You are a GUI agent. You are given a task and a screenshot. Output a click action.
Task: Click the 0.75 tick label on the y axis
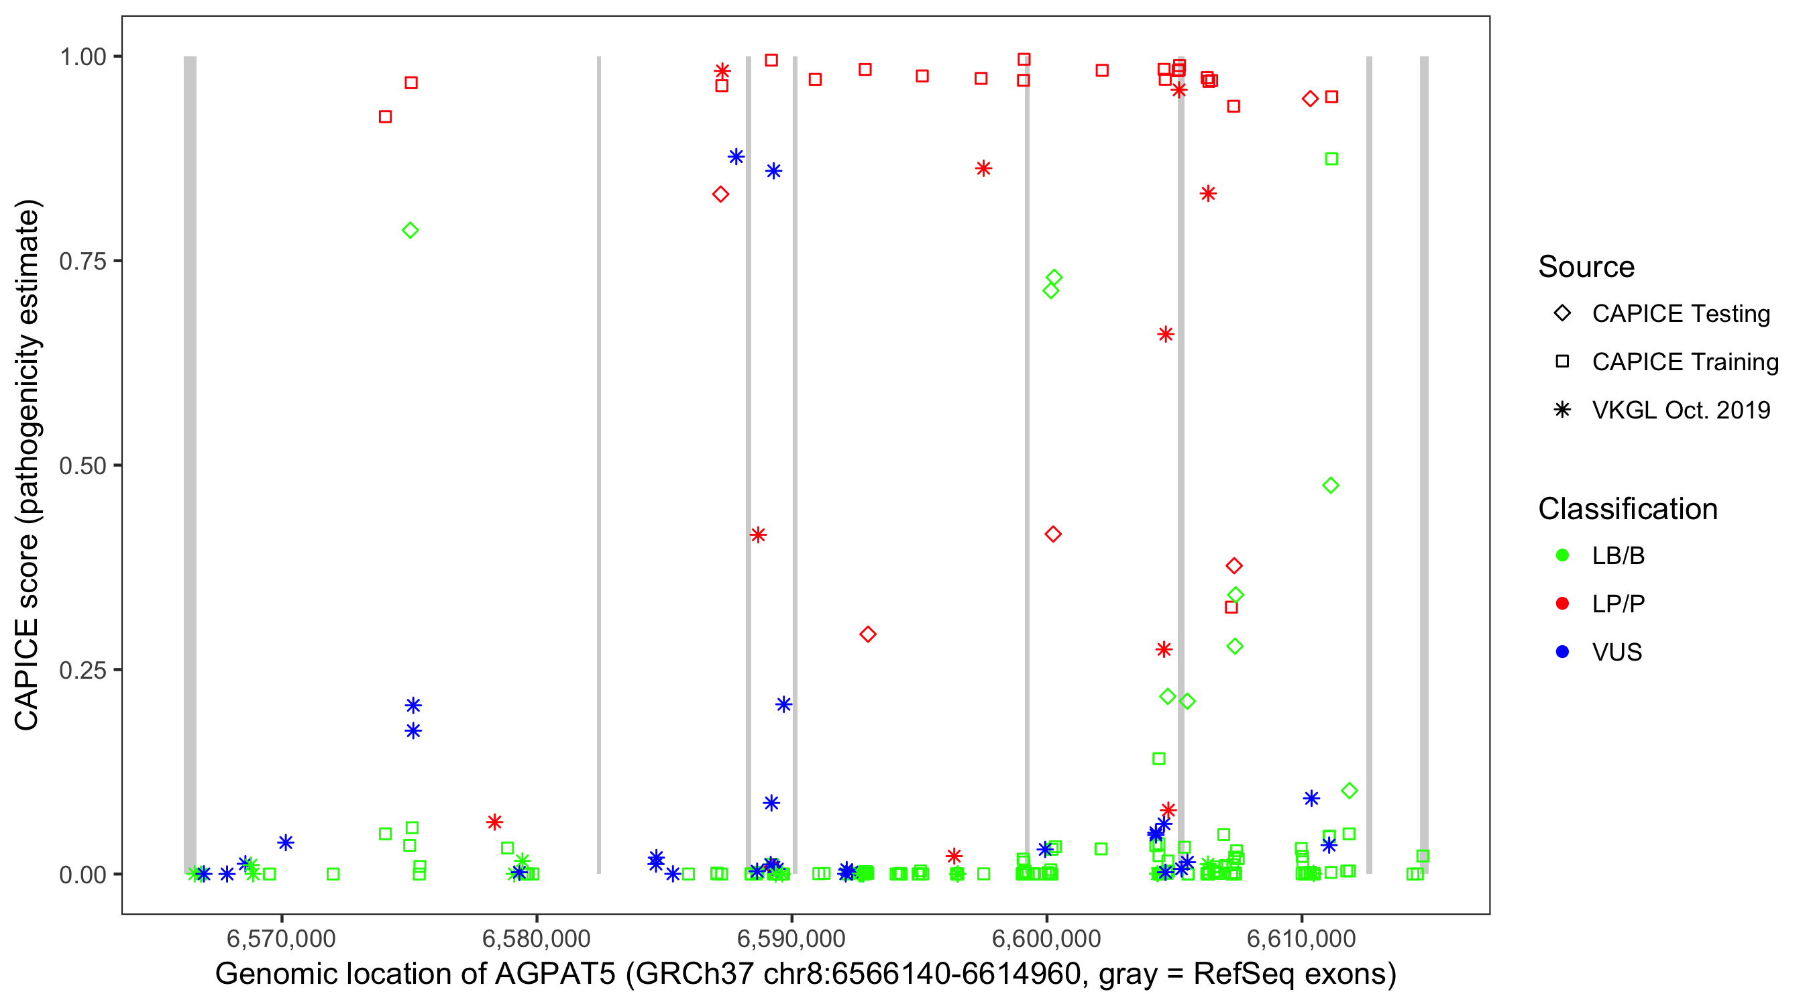click(x=82, y=262)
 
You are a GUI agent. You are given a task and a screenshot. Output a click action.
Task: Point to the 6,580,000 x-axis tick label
click(x=537, y=938)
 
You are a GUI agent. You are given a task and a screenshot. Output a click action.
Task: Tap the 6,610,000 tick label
click(x=1301, y=938)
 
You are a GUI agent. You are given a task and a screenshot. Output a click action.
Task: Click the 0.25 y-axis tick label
click(x=82, y=670)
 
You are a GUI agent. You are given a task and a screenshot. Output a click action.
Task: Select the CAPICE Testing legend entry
click(x=1680, y=314)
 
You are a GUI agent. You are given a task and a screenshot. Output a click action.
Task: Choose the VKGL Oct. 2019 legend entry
click(x=1680, y=410)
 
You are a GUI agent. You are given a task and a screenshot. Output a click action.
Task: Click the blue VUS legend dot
click(x=1563, y=652)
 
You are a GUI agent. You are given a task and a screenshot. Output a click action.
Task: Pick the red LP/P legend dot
click(x=1563, y=604)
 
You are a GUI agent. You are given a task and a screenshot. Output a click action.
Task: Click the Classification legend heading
click(x=1627, y=509)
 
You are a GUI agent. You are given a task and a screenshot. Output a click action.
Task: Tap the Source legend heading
click(x=1586, y=267)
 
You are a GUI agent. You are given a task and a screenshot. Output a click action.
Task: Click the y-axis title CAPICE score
click(x=28, y=465)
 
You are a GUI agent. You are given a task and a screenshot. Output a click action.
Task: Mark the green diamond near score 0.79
click(x=410, y=231)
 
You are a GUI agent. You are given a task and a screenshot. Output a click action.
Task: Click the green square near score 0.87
click(x=1331, y=159)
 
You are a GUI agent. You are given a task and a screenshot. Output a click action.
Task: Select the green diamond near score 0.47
click(x=1330, y=486)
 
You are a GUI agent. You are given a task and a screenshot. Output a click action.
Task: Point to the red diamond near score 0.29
click(x=867, y=634)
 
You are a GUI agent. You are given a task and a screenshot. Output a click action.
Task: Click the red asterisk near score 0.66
click(x=1166, y=335)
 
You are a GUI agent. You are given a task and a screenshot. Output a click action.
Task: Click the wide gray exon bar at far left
click(x=190, y=464)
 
